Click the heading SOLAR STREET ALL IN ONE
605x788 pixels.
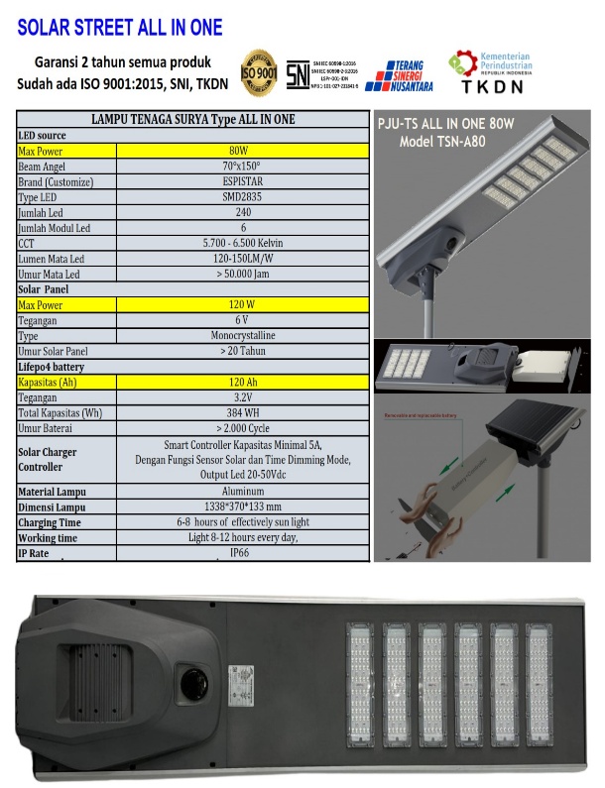click(x=119, y=27)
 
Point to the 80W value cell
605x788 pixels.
click(x=242, y=152)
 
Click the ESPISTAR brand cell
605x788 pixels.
click(x=242, y=182)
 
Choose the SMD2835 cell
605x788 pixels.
click(x=242, y=197)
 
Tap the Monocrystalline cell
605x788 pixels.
click(x=242, y=336)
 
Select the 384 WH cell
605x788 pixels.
click(x=242, y=412)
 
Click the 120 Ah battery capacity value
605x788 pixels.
click(x=242, y=382)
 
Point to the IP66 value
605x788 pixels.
click(x=242, y=553)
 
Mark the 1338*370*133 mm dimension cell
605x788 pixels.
click(x=242, y=507)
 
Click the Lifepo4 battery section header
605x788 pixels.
click(x=55, y=366)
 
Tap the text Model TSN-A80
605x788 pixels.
click(x=455, y=142)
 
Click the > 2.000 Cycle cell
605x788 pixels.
click(x=242, y=428)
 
